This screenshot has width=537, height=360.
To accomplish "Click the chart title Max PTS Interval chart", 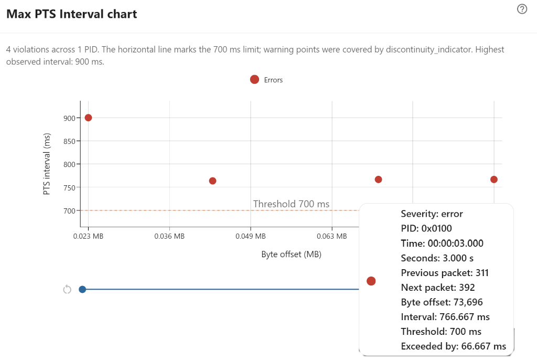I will coord(72,14).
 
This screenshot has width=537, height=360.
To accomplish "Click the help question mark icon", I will coord(522,9).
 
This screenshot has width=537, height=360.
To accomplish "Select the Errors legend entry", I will coord(266,80).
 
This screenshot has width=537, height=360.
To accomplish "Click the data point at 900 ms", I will coord(88,118).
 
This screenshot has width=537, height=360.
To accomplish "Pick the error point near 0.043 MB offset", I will coord(212,181).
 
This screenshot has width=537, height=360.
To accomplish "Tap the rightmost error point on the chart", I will coord(493,179).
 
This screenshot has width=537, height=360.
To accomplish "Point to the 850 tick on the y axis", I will coord(69,141).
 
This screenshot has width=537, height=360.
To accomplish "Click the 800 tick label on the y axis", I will coord(69,164).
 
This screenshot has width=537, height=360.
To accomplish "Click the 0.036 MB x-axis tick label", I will coord(169,236).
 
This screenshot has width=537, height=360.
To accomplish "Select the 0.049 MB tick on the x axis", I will coord(250,236).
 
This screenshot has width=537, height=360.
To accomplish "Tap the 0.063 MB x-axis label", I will coord(331,236).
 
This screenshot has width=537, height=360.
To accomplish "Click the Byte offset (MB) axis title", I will coord(291,255).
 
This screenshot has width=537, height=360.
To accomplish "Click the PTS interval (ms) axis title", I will coord(47,164).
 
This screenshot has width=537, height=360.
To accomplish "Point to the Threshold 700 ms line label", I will coord(291,204).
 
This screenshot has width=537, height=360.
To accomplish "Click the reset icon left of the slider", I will coord(67,290).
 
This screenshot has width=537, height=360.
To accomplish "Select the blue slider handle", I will coord(82,289).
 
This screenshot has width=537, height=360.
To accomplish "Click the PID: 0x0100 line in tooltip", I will coord(426,229).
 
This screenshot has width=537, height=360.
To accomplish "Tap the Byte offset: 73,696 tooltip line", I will coord(442,302).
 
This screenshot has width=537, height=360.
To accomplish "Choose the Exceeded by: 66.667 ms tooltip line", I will coord(453,346).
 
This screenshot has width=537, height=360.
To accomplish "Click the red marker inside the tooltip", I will coord(371,281).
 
